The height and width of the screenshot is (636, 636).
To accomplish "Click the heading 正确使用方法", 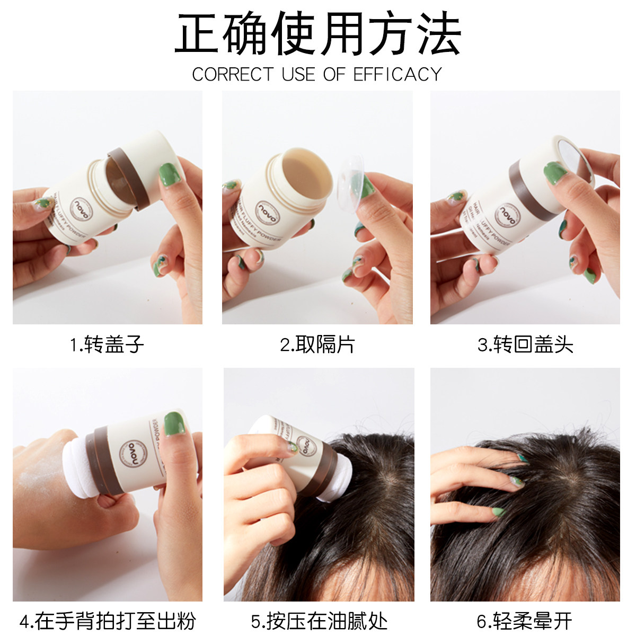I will coord(318,35).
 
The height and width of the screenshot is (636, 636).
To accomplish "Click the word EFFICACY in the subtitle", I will coord(397,74).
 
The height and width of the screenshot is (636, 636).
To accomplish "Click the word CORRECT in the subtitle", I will coord(233,74).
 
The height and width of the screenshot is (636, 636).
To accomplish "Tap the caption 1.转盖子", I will coord(108,345).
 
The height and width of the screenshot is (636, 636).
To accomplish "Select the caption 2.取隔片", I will coord(317,345).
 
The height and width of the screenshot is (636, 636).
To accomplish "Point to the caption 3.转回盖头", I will coord(525,345).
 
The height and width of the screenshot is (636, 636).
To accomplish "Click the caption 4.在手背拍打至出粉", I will coord(108,621).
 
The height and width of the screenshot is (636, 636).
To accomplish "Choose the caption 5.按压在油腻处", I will coord(319,621).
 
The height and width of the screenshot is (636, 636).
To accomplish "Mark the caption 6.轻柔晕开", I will coord(525,621).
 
